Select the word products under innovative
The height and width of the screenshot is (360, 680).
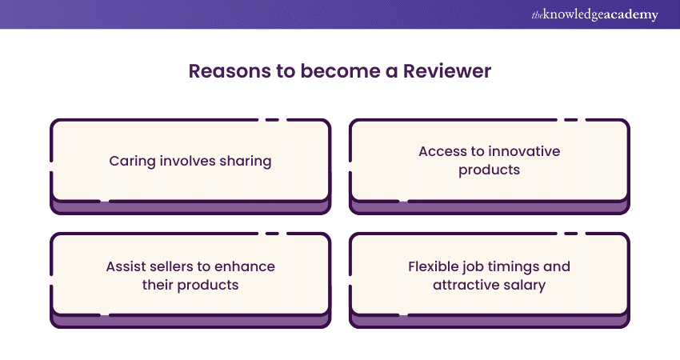pos(490,170)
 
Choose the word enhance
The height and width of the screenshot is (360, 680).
pos(248,266)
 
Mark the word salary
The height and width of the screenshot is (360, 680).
pos(525,285)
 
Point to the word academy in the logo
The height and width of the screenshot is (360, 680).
pos(632,15)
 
